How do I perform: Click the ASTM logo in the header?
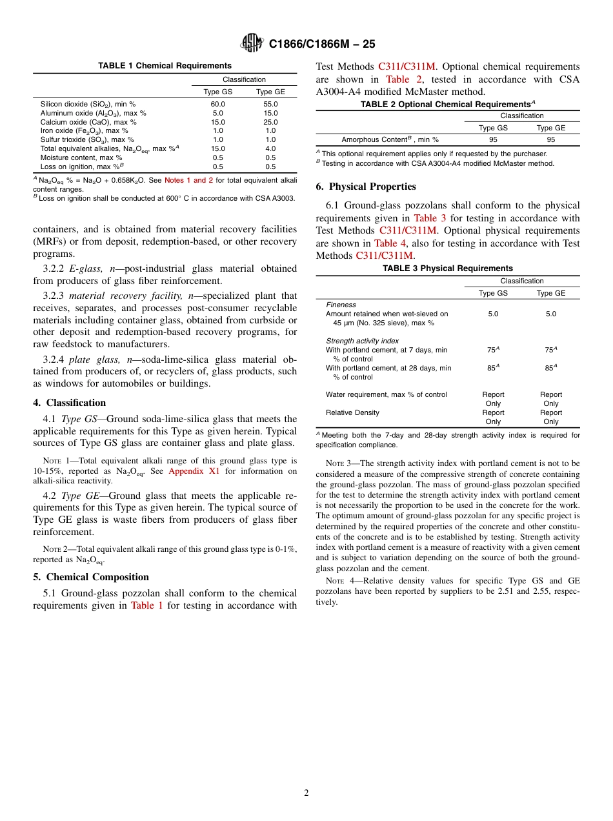coord(252,43)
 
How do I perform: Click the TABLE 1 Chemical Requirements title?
coord(165,66)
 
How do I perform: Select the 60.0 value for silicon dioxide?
coord(217,104)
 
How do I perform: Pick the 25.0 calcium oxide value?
coord(270,122)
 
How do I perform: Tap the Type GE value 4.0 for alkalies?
coord(270,148)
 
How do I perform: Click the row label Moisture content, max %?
coord(81,157)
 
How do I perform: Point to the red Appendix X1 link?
coord(194,471)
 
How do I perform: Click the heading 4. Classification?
coord(69,403)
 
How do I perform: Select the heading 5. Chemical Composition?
coord(91,577)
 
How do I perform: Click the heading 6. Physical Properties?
coord(366,187)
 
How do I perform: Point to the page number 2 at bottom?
coord(306,793)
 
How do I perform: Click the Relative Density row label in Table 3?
coord(352,412)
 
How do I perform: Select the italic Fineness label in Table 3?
coord(341,305)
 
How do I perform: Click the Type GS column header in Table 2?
coord(493,128)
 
